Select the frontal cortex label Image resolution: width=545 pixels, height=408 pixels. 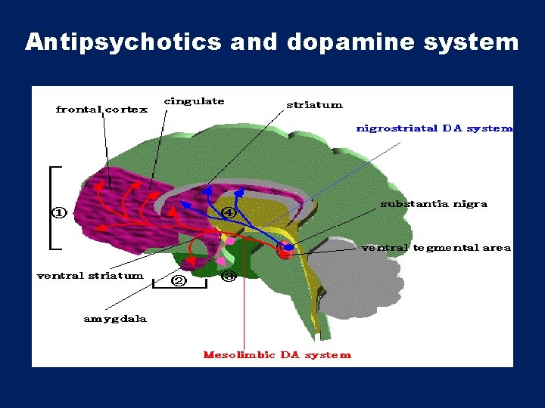pos(101,110)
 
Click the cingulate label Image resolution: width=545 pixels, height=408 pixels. pos(195,101)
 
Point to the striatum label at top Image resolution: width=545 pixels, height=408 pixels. pos(314,105)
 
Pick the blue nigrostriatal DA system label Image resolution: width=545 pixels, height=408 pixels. pos(434,128)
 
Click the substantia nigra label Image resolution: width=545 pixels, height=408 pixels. pos(434,204)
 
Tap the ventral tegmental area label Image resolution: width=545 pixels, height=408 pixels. pos(436,248)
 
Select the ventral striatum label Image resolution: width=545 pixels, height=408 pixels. pos(90,276)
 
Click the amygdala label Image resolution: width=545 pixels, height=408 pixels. pos(115,319)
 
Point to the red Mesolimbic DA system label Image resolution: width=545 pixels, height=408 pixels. pos(277,354)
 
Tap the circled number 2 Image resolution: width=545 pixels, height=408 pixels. pos(179,281)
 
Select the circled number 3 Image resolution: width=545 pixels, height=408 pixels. pos(229,277)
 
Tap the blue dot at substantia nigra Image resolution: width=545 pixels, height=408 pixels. pos(288,247)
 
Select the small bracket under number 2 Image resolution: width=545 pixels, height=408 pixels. pos(179,287)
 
